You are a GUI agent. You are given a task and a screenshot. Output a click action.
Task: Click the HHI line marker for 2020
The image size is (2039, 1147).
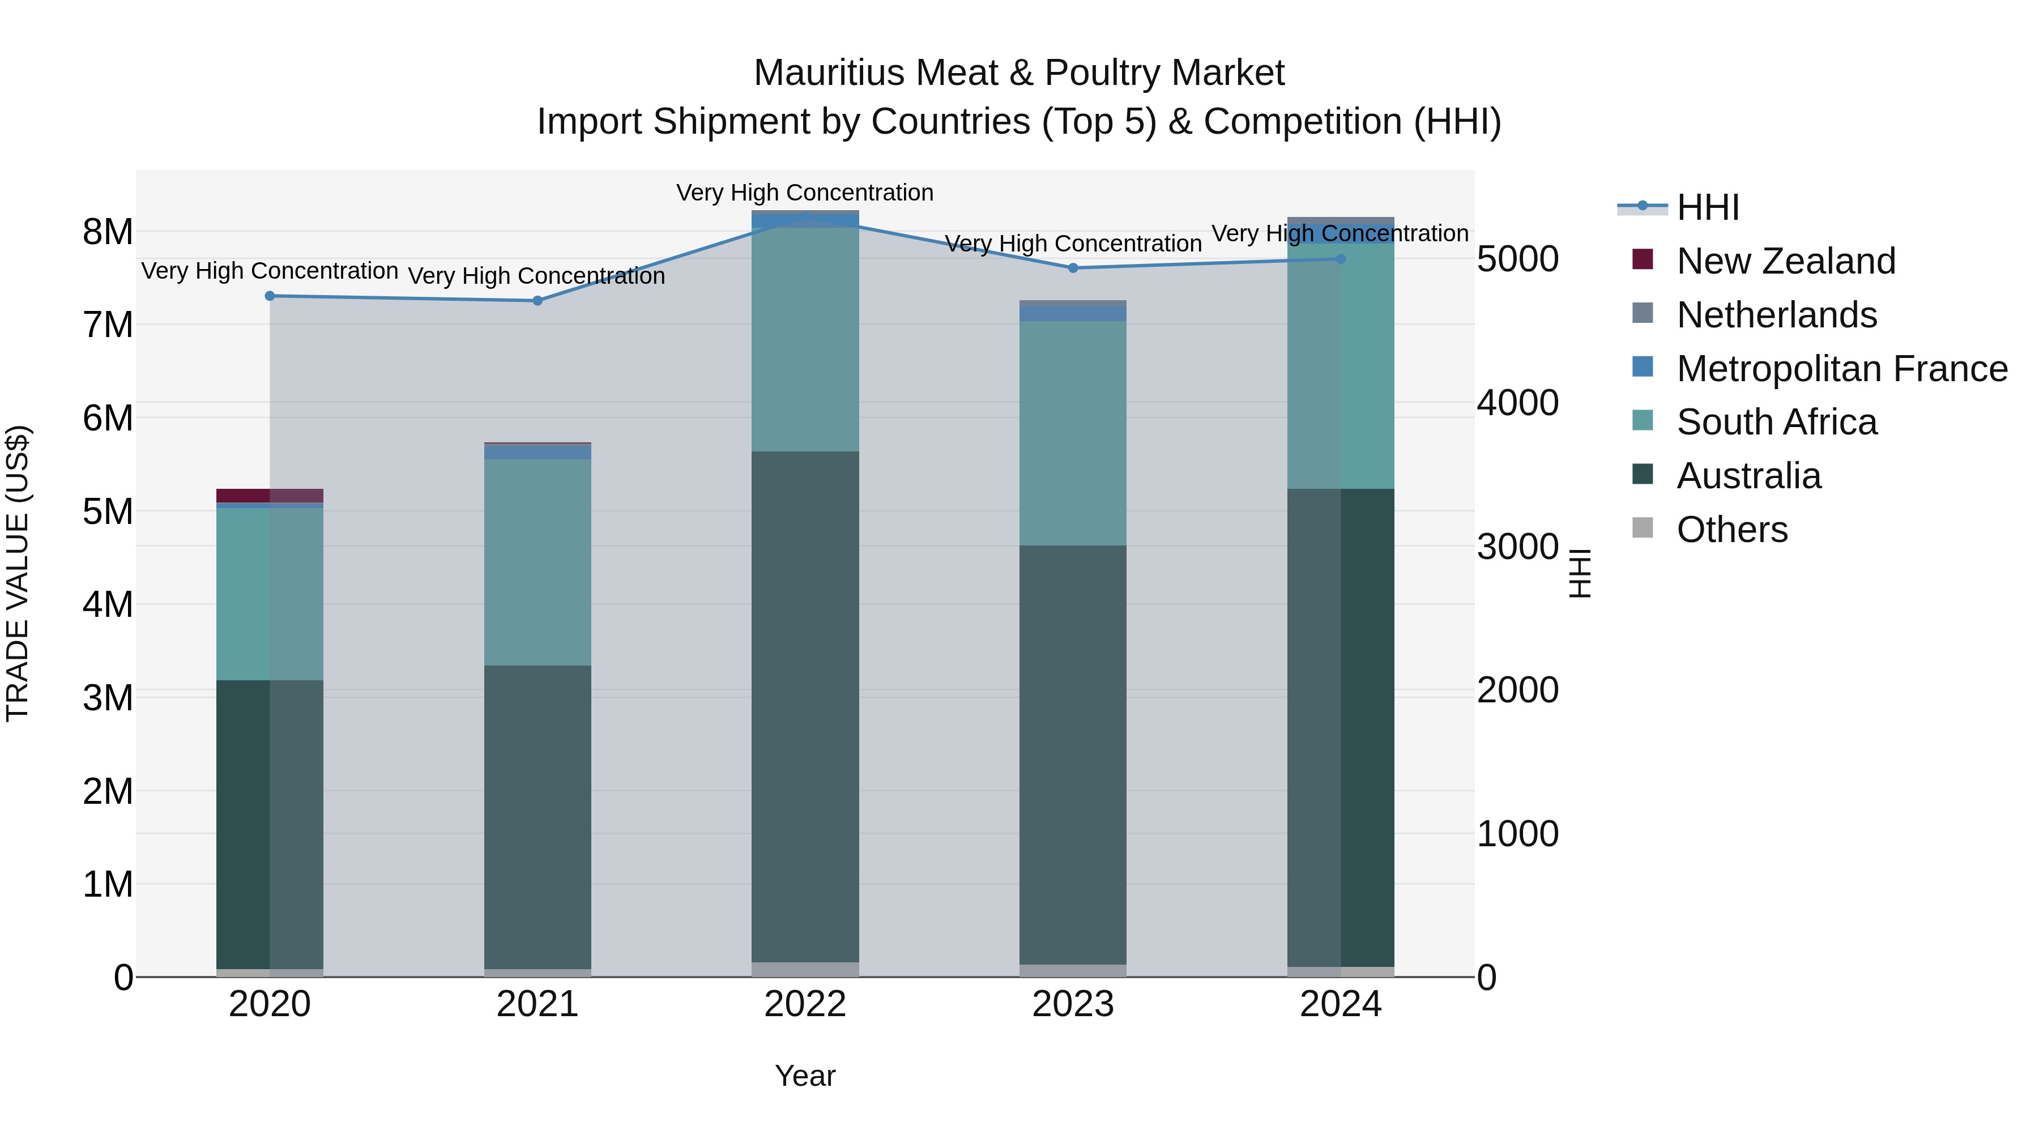coord(270,296)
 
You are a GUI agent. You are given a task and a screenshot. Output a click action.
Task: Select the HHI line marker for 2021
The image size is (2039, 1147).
coord(538,301)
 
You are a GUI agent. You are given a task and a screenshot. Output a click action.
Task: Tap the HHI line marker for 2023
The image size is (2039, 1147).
coord(1073,268)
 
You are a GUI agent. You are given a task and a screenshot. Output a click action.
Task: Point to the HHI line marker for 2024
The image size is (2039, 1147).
coord(1341,259)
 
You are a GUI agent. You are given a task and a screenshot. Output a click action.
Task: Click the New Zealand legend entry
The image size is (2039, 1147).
coord(1786,261)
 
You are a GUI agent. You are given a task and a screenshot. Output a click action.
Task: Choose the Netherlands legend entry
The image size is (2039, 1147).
coord(1776,315)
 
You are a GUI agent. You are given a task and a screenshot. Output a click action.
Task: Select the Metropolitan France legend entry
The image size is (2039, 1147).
coord(1842,369)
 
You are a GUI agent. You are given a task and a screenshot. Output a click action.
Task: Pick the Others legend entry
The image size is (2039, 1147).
coord(1732,530)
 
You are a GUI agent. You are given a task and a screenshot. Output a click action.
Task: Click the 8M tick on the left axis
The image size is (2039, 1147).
coord(108,232)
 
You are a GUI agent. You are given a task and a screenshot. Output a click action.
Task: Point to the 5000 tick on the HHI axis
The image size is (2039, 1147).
coord(1517,259)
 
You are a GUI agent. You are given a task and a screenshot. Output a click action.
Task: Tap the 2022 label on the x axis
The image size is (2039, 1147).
coord(805,1004)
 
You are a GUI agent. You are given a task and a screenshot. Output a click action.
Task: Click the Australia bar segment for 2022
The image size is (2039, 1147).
coord(805,707)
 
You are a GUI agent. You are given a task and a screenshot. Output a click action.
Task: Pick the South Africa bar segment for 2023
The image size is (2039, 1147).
coord(1073,433)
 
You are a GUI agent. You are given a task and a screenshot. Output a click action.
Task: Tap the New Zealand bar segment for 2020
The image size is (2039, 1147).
coord(270,496)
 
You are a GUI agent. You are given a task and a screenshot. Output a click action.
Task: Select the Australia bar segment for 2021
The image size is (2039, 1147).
coord(538,817)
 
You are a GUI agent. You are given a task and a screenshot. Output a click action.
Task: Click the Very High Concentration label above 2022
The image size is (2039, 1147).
coord(805,193)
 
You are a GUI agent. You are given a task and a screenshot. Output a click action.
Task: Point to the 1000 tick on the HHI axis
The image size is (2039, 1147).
coord(1517,834)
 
